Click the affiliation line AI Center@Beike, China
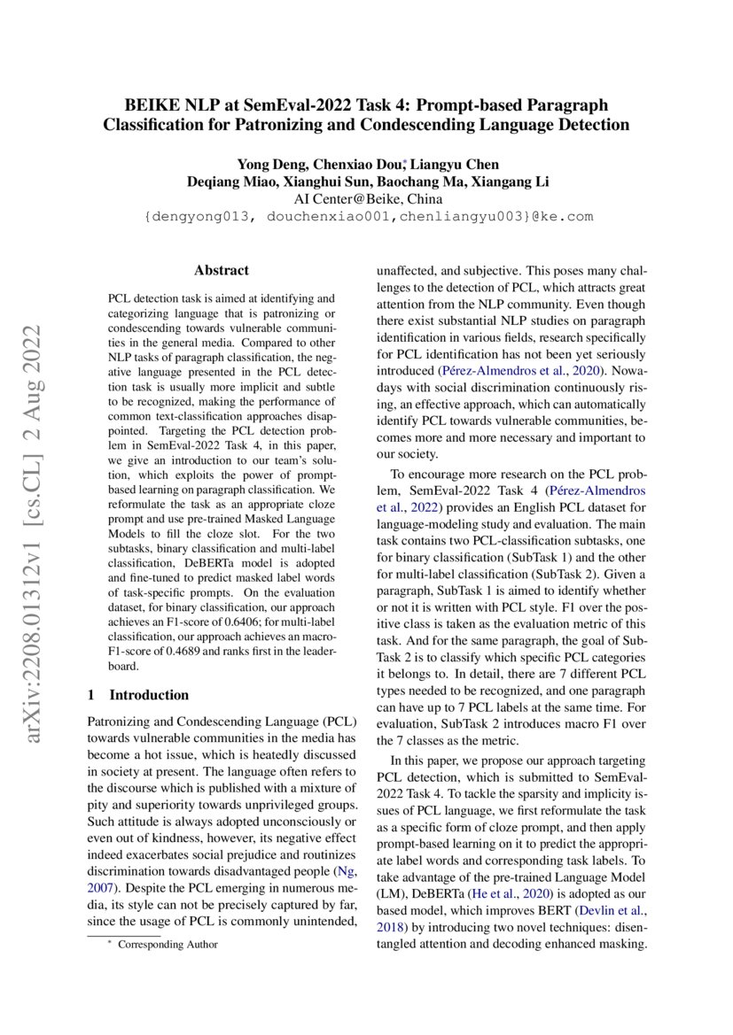367,198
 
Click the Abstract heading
222,270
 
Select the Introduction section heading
149,694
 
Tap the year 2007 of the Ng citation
101,884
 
